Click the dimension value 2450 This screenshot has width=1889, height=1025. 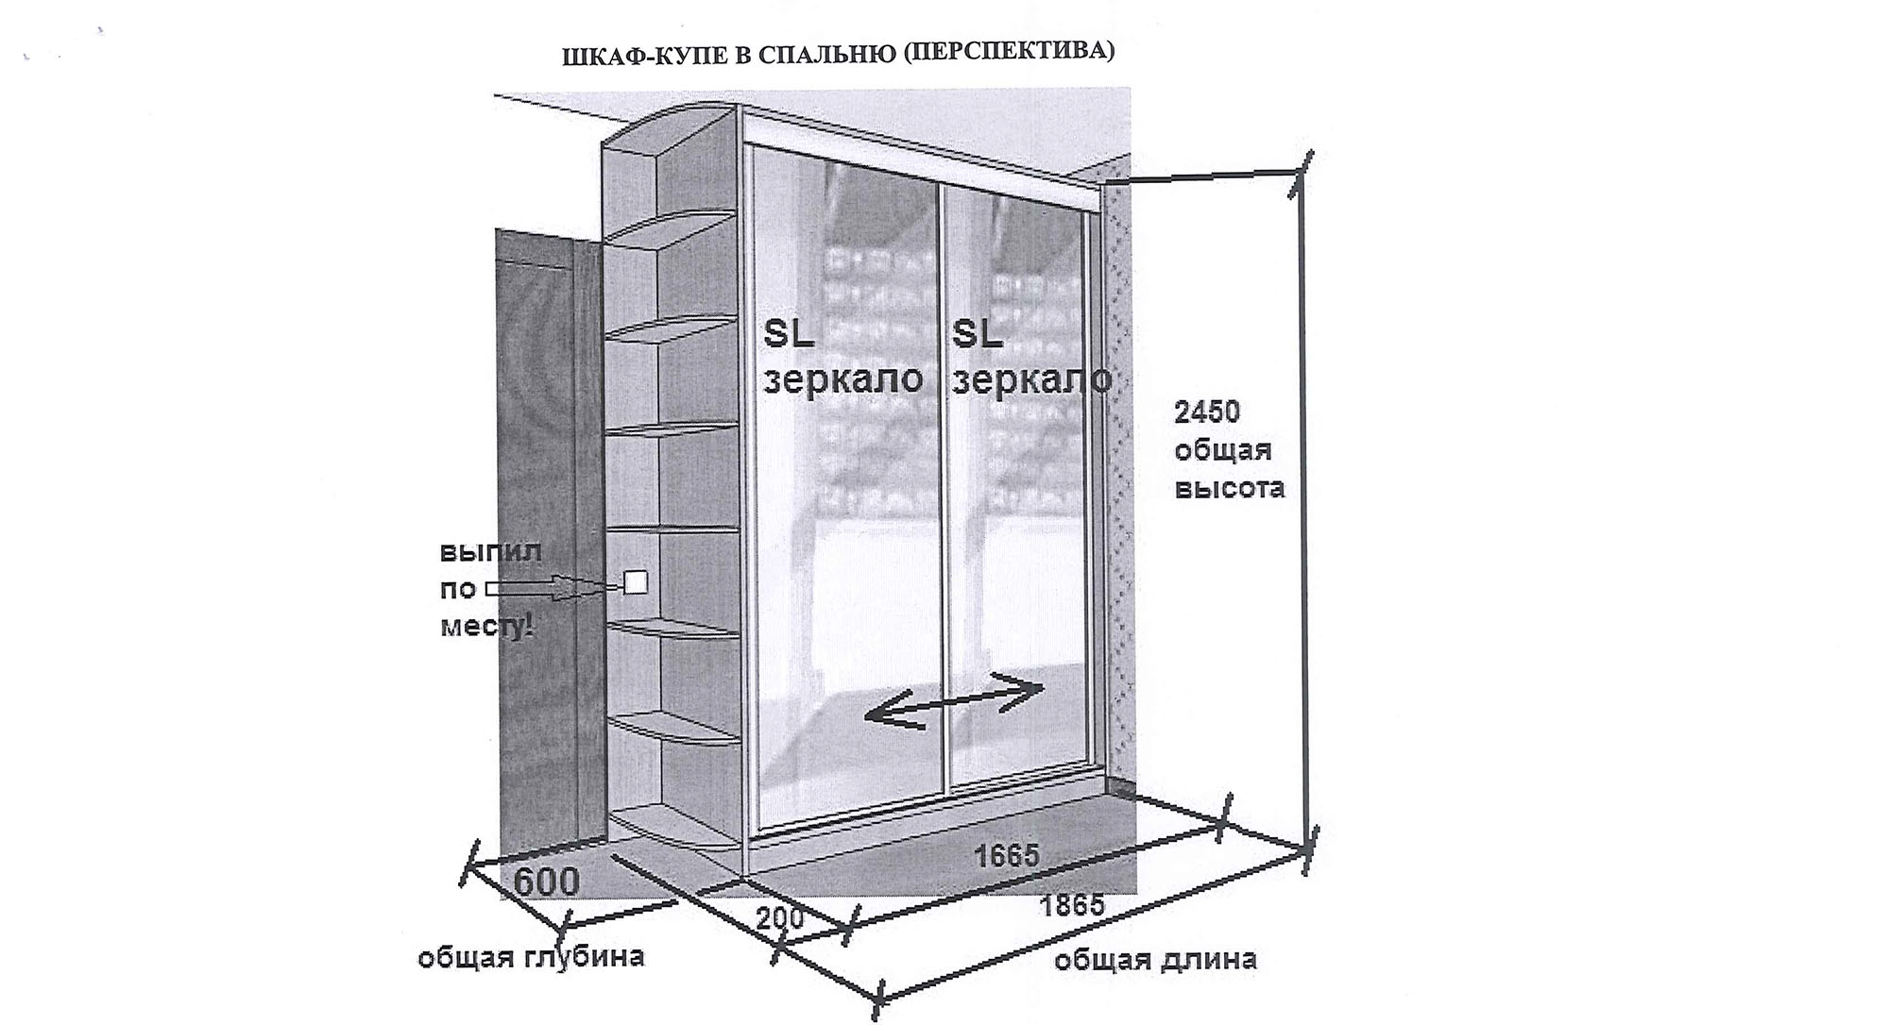click(x=1207, y=412)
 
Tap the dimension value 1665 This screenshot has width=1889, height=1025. click(x=1007, y=855)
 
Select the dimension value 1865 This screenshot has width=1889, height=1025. click(x=1072, y=905)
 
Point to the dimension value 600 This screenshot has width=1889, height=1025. click(x=546, y=882)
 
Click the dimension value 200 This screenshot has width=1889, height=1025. click(x=780, y=917)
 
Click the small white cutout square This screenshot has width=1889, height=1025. click(x=635, y=582)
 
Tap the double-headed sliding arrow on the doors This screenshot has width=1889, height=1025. click(x=955, y=699)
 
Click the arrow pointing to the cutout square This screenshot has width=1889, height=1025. click(x=553, y=588)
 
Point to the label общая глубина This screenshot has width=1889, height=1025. click(x=531, y=956)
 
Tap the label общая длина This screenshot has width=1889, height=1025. click(x=1155, y=960)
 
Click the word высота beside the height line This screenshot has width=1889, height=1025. click(x=1229, y=488)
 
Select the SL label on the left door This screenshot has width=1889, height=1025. click(x=789, y=333)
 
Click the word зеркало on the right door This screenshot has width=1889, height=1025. click(x=1031, y=378)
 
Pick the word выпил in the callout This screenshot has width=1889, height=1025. click(x=491, y=551)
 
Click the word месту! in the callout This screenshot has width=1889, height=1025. click(x=487, y=626)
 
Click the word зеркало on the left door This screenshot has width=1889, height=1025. click(x=842, y=378)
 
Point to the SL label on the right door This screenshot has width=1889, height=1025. click(x=977, y=333)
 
